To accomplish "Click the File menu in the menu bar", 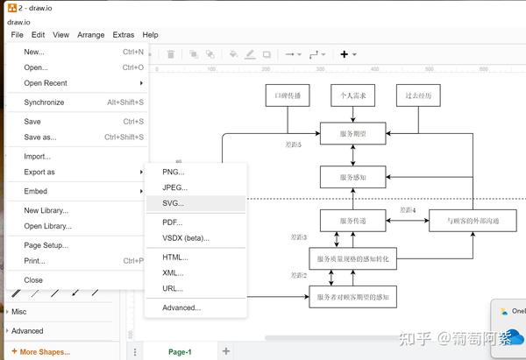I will [18, 35].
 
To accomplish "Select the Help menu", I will [150, 35].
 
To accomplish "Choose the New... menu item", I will [34, 52].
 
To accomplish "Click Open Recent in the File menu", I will [46, 83].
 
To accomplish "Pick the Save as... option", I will [39, 138].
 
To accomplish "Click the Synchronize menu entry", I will [44, 102].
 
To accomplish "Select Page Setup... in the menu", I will [46, 245].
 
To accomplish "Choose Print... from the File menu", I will [34, 261].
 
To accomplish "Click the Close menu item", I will [33, 280].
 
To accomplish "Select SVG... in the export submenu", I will [173, 203].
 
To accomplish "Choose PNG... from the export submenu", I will [174, 172].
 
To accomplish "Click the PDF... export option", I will [173, 222].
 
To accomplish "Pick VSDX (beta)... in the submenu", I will [186, 238].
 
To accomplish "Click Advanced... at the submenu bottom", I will [181, 307].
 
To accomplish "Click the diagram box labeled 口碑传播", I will [288, 95].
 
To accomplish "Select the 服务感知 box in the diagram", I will [353, 178].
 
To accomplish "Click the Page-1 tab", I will [180, 351].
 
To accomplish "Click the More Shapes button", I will [45, 352].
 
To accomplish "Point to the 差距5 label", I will [294, 145].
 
